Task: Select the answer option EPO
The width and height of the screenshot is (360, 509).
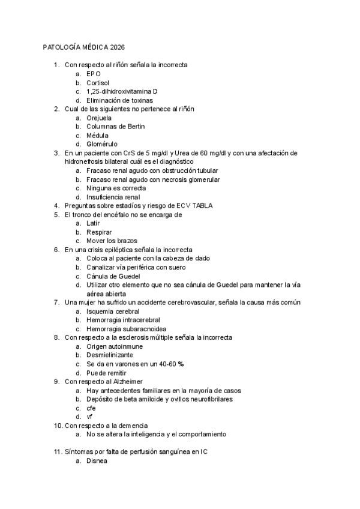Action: click(x=93, y=74)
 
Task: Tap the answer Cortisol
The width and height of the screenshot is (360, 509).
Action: click(x=98, y=83)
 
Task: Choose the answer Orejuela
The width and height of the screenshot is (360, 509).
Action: click(x=99, y=118)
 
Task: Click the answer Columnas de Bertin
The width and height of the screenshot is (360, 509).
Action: click(x=115, y=127)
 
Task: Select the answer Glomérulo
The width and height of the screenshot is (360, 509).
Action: click(x=102, y=144)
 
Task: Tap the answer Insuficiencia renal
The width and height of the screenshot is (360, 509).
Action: click(x=113, y=197)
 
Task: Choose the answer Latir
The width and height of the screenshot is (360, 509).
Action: click(x=93, y=223)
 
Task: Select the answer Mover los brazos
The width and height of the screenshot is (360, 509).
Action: click(x=111, y=241)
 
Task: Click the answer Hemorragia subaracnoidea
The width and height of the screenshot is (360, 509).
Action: click(x=126, y=329)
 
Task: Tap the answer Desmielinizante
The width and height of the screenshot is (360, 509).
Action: click(x=110, y=355)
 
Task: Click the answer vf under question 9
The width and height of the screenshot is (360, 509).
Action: click(x=90, y=417)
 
